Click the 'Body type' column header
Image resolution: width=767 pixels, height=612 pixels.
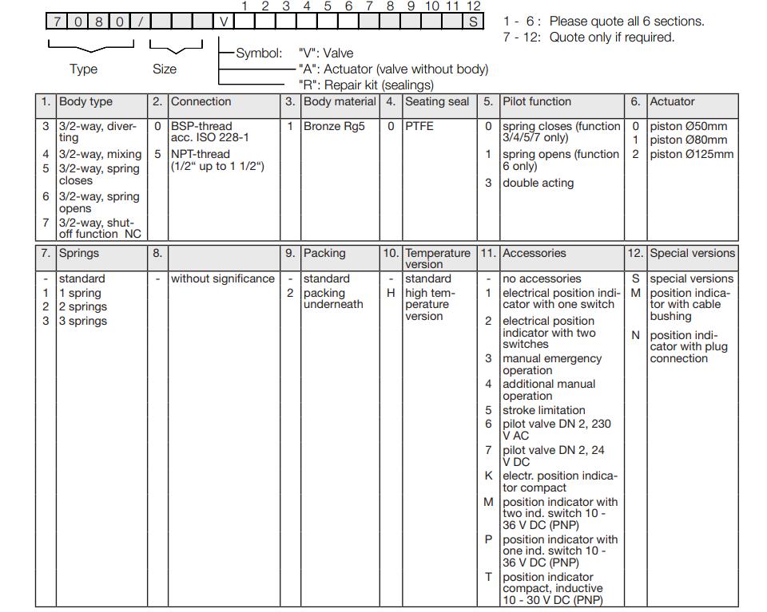tap(85, 102)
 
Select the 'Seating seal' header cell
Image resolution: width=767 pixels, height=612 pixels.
tap(437, 102)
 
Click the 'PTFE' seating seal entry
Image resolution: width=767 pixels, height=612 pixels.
tap(419, 126)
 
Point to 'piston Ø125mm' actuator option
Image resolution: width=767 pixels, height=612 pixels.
tap(691, 154)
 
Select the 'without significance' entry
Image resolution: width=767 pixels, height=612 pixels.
tap(223, 278)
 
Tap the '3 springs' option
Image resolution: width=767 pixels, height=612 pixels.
tap(83, 321)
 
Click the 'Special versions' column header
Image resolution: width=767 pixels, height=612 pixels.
tap(692, 253)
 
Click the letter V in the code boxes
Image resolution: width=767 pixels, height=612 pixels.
tap(225, 22)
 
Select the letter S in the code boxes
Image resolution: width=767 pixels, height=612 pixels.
tap(474, 22)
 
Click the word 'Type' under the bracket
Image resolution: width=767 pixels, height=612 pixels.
tap(83, 69)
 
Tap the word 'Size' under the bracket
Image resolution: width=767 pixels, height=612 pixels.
tap(165, 69)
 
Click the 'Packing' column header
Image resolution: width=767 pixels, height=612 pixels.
tap(324, 253)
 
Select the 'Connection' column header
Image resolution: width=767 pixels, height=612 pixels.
tap(201, 102)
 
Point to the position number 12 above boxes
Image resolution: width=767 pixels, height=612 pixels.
tap(473, 6)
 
